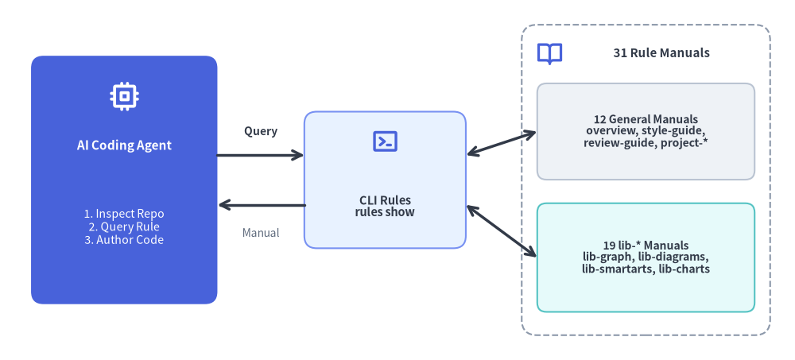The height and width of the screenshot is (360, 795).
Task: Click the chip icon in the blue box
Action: pos(124,96)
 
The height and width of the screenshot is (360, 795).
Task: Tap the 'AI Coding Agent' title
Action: pos(124,145)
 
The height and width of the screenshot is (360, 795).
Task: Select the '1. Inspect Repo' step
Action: pos(124,214)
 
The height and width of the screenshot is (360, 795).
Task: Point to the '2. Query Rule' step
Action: pos(124,226)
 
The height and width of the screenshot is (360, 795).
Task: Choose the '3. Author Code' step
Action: pos(124,240)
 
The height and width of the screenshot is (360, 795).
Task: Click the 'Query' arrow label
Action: pos(261,131)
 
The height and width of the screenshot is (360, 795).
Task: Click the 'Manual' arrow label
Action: pos(261,233)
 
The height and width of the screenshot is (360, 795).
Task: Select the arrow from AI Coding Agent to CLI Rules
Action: pos(260,155)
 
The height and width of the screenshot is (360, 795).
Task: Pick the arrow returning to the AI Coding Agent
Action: pos(262,205)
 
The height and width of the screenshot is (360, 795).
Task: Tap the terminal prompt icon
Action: pos(386,141)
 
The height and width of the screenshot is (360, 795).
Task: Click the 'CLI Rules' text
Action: pos(386,199)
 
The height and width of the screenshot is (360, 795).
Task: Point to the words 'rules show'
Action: pos(386,212)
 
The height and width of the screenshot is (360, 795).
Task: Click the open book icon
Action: pos(549,53)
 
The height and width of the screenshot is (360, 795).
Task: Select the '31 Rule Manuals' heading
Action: pos(661,53)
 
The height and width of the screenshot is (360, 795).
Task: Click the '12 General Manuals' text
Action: pos(646,120)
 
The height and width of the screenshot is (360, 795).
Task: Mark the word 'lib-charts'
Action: pos(684,269)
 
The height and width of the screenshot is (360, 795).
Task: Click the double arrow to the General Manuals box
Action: pos(502,143)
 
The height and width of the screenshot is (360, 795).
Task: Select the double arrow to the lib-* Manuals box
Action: pos(502,230)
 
